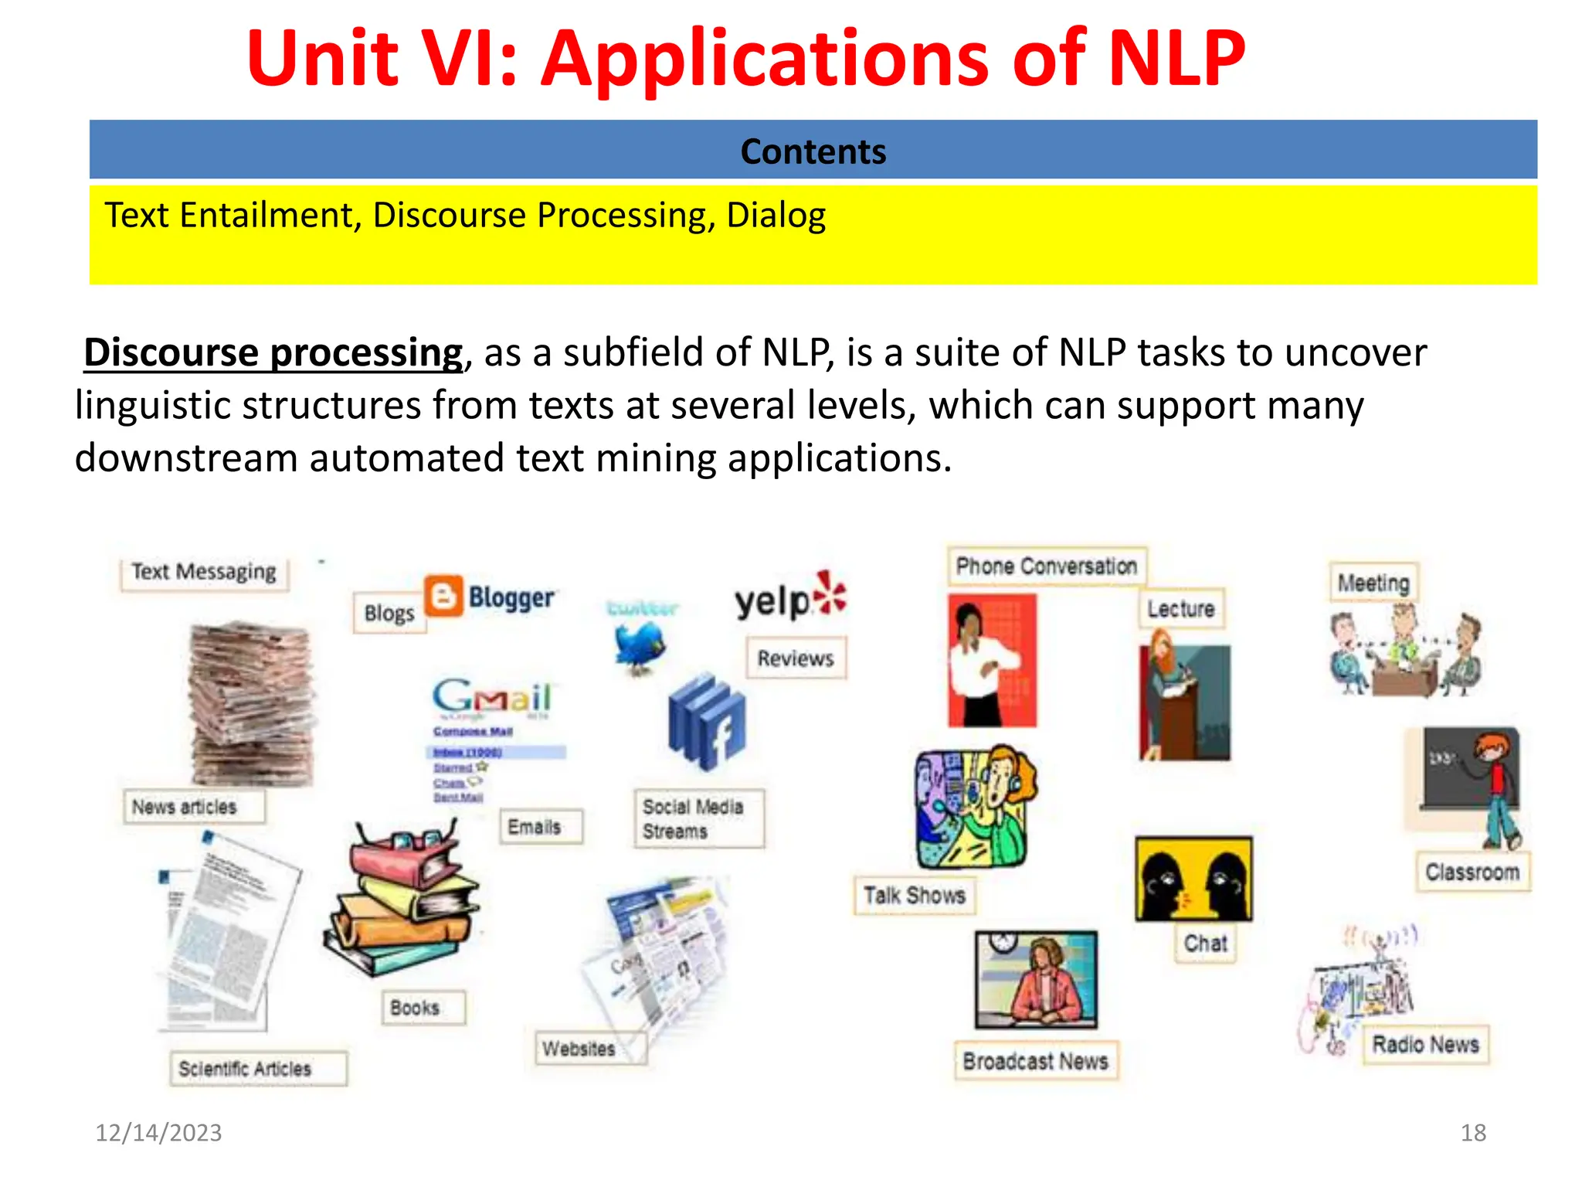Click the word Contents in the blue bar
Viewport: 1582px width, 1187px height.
pyautogui.click(x=813, y=151)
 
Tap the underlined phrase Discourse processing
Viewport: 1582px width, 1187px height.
pyautogui.click(x=273, y=353)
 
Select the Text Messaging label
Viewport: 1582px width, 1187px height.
pyautogui.click(x=204, y=572)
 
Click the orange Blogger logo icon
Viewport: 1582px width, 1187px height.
pyautogui.click(x=444, y=596)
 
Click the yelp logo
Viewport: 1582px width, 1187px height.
pyautogui.click(x=789, y=598)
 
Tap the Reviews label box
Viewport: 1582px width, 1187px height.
pyautogui.click(x=796, y=658)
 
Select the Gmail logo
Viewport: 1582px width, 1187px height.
pyautogui.click(x=492, y=696)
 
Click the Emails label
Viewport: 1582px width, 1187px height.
pyautogui.click(x=535, y=827)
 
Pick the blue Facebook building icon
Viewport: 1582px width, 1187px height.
pyautogui.click(x=708, y=722)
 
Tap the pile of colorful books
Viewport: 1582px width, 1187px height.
pyautogui.click(x=402, y=900)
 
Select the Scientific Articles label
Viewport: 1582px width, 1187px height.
pyautogui.click(x=245, y=1069)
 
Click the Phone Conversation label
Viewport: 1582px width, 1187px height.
pyautogui.click(x=1046, y=566)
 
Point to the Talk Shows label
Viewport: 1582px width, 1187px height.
pyautogui.click(x=915, y=896)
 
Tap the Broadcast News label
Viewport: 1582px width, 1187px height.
pyautogui.click(x=1035, y=1062)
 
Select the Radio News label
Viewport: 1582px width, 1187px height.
pyautogui.click(x=1425, y=1045)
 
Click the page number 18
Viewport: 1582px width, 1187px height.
pyautogui.click(x=1473, y=1133)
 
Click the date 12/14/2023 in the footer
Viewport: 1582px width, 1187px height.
pyautogui.click(x=158, y=1133)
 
